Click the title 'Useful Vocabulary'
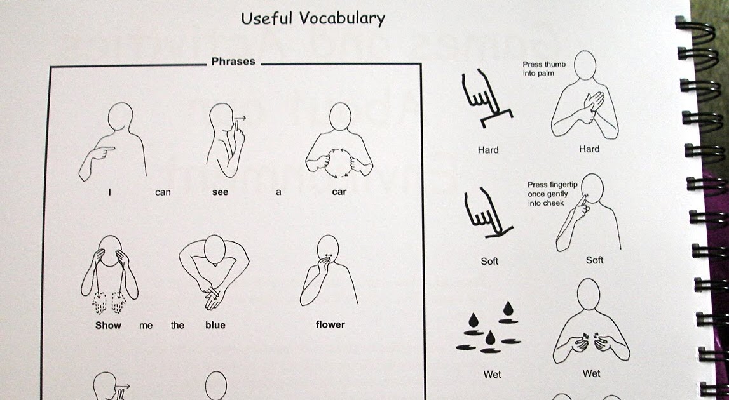313,18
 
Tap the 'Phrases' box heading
233,62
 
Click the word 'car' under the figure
339,191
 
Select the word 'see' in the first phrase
220,192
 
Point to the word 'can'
163,192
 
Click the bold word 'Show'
108,325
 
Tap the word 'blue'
215,324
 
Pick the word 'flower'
330,324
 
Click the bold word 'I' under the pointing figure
110,191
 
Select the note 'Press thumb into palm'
538,69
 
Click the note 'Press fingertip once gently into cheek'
552,194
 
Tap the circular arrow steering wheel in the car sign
339,163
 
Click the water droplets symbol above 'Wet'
488,328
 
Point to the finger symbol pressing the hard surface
486,98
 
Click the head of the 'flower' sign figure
328,247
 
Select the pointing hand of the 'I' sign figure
101,152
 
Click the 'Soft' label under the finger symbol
489,261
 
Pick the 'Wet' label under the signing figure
591,373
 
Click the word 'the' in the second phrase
177,325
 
